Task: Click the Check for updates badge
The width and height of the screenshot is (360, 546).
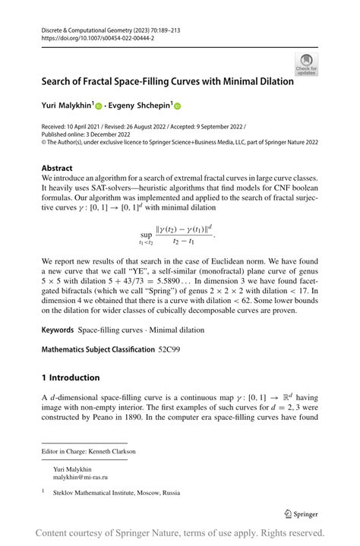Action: (x=306, y=64)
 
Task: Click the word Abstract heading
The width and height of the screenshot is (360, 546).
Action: (x=58, y=168)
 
